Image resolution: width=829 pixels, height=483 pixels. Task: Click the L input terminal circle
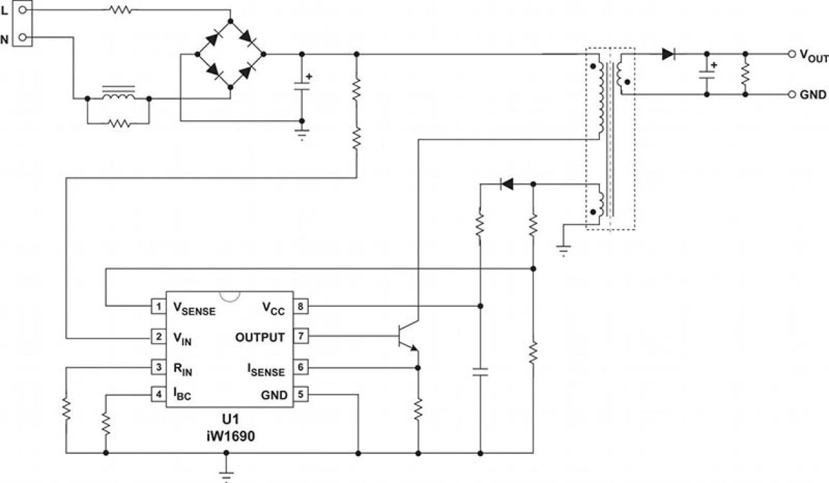(22, 10)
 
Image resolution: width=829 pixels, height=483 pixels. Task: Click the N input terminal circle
(22, 38)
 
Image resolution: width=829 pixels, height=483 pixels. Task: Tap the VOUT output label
(812, 56)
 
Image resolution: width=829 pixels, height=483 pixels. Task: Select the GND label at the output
(812, 95)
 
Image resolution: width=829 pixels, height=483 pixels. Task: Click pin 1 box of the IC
(158, 306)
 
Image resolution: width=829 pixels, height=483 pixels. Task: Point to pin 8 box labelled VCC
(300, 306)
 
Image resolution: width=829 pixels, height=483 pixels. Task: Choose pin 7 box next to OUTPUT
(300, 337)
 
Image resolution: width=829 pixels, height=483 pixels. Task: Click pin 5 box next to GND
(300, 395)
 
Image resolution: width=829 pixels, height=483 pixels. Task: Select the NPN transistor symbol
(409, 337)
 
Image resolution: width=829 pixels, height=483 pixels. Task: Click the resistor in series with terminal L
(121, 10)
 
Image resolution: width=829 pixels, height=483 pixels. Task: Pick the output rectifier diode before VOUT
(669, 54)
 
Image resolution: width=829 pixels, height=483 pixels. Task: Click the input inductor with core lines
(118, 96)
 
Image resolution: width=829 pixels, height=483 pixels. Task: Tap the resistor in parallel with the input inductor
(118, 123)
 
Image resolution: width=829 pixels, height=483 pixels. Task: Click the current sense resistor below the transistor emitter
(418, 409)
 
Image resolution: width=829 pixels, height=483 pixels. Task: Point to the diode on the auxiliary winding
(506, 184)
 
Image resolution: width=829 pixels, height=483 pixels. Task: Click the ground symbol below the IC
(226, 473)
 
